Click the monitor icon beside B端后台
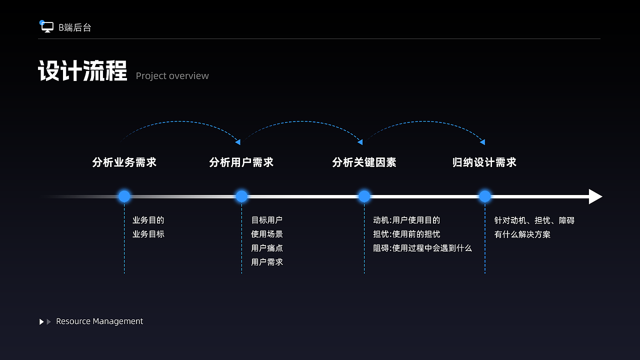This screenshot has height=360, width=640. [47, 27]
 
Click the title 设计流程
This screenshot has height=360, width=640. [82, 71]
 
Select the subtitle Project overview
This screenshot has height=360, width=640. [172, 76]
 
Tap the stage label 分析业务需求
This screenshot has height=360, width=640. [124, 162]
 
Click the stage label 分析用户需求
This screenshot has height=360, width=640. [241, 162]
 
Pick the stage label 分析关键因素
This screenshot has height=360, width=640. [364, 162]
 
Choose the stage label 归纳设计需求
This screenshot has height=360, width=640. [484, 162]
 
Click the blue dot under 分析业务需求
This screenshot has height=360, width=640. [124, 196]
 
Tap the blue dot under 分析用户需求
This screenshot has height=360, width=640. [241, 196]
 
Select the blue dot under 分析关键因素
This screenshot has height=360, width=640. [364, 196]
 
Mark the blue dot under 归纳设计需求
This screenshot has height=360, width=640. [485, 196]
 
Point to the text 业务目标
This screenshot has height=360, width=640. [148, 234]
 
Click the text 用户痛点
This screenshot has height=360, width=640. [267, 248]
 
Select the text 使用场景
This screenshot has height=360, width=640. [267, 234]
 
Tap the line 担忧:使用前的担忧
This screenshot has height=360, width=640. [406, 234]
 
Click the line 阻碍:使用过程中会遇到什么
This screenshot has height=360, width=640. [422, 248]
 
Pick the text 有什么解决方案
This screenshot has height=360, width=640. [522, 234]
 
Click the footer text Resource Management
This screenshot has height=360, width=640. [99, 321]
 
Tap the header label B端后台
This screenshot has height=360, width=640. [75, 28]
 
